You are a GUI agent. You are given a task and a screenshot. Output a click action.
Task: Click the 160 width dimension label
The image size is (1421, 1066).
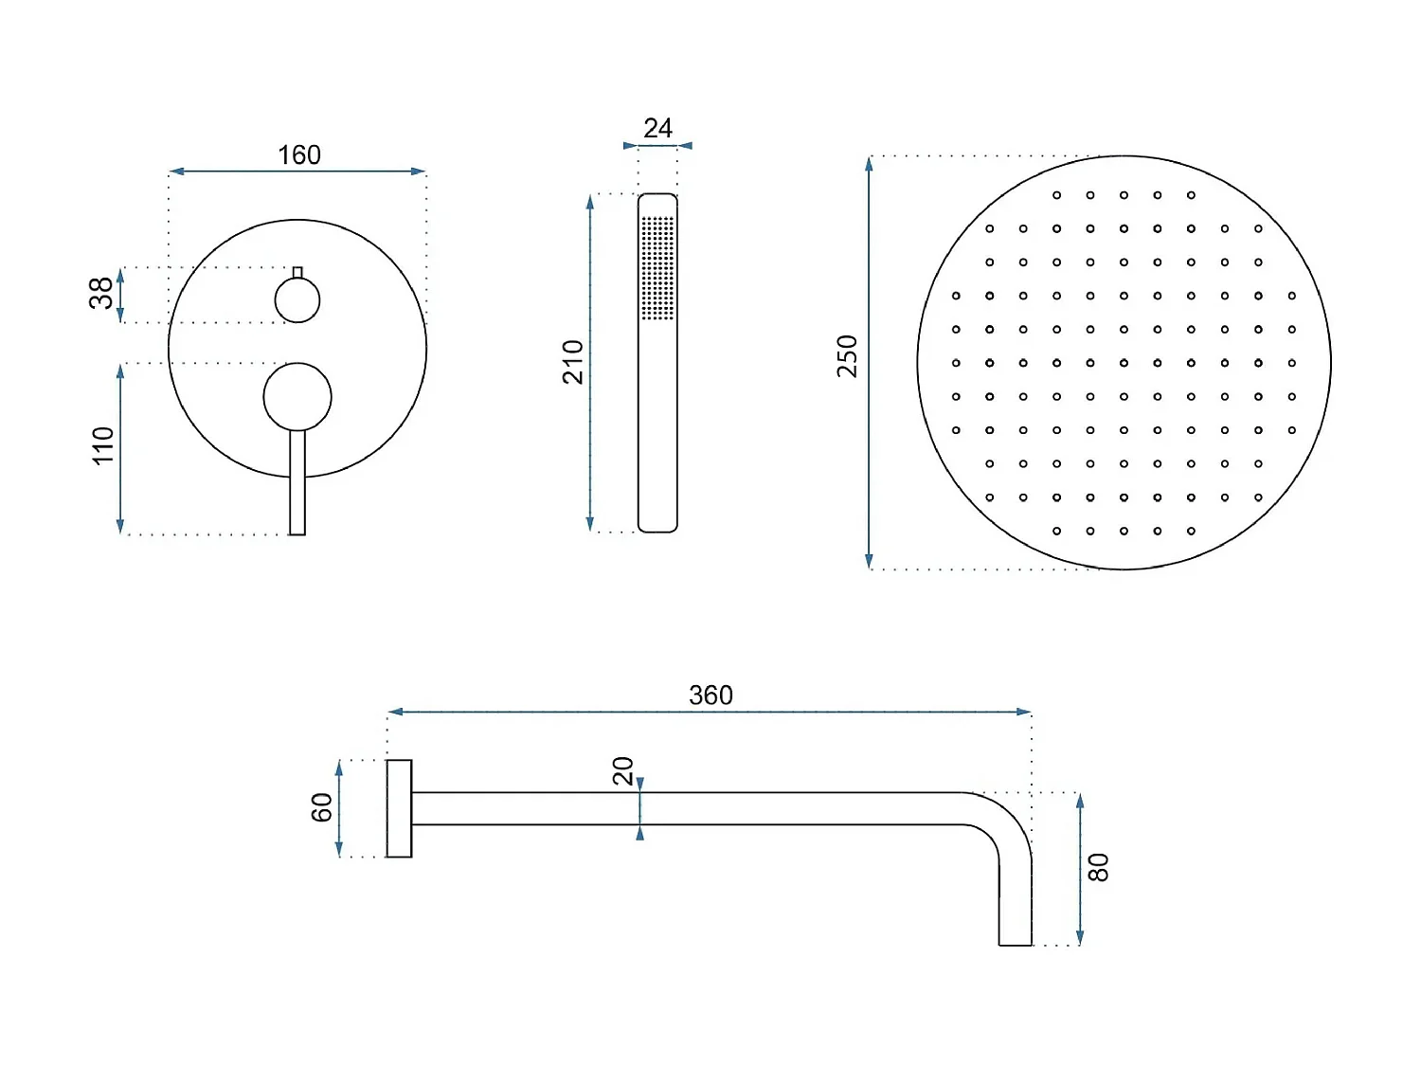coord(299,155)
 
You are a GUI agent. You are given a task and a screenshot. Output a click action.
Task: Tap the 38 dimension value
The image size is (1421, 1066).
coord(101,294)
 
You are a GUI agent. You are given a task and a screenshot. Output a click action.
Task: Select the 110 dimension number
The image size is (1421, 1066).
coord(103,445)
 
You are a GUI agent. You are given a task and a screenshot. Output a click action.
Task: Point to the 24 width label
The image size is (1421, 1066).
coord(657,129)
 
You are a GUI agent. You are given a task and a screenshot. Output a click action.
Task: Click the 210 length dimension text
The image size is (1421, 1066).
coord(573,362)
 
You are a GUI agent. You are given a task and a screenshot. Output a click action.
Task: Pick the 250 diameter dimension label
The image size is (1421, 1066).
coord(847,356)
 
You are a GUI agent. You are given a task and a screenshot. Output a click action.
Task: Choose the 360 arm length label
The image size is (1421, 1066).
coord(710,696)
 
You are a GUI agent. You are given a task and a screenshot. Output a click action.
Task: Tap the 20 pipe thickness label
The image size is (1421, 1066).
coord(623,771)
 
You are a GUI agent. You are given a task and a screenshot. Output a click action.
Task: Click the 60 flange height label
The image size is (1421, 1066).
coord(322,808)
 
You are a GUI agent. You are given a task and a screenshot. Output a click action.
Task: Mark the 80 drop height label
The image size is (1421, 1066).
coord(1098,868)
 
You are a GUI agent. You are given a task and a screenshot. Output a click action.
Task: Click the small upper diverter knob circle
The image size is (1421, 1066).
coord(297,301)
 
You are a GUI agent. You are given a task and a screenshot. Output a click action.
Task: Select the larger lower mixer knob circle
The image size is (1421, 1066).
coord(297,397)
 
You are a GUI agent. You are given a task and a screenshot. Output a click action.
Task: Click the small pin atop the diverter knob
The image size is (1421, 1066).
coord(297,273)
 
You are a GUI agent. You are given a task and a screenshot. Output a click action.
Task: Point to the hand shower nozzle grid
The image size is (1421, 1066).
coord(657,268)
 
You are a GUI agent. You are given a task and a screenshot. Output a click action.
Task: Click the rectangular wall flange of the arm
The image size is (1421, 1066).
coord(399,808)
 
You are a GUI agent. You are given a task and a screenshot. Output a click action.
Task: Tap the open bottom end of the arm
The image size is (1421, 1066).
coord(1015,944)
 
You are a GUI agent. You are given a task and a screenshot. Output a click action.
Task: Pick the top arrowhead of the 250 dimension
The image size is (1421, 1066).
coord(869,163)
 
